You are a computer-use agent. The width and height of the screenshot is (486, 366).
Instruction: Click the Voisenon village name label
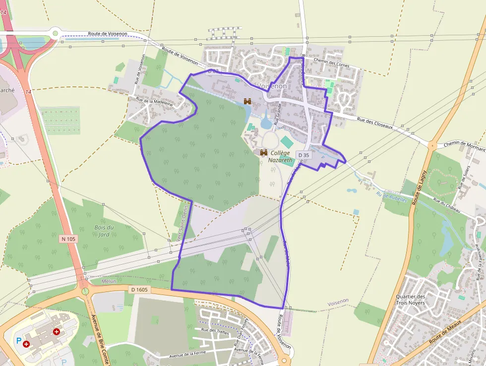click(272, 86)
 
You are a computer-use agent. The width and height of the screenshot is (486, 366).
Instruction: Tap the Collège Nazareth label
click(280, 156)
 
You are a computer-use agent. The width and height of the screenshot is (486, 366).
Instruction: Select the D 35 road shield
click(304, 155)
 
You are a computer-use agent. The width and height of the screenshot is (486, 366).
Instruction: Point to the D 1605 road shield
click(140, 290)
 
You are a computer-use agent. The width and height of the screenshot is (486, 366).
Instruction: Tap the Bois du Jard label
click(104, 231)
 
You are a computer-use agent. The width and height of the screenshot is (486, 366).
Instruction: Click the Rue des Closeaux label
click(375, 123)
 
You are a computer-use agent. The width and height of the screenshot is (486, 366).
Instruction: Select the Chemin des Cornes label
click(332, 63)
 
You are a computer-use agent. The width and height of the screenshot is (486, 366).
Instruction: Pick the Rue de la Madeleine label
click(151, 101)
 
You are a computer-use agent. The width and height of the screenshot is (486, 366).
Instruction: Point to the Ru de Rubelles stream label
click(391, 197)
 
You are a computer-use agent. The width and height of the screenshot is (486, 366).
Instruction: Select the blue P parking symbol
click(19, 341)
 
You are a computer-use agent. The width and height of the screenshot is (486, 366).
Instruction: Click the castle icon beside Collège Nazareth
click(263, 152)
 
